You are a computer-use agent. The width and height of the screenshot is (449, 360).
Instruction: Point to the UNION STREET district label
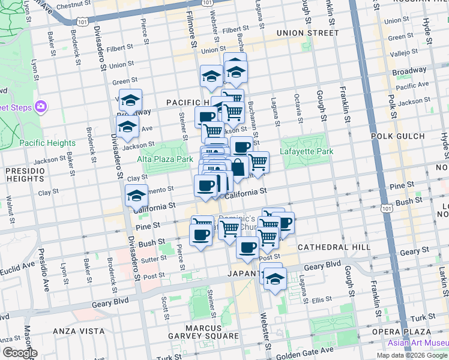tap(308, 33)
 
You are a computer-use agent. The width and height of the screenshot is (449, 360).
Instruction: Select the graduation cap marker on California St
tap(136, 196)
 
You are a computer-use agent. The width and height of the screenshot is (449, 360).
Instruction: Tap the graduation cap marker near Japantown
tap(275, 279)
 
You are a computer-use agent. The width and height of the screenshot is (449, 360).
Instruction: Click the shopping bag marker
tap(238, 167)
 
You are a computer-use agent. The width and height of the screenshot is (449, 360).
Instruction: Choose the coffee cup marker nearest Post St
tap(247, 247)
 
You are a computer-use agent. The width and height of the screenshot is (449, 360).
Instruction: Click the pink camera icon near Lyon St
tap(41, 107)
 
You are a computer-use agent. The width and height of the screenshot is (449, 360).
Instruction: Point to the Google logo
tap(19, 353)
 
